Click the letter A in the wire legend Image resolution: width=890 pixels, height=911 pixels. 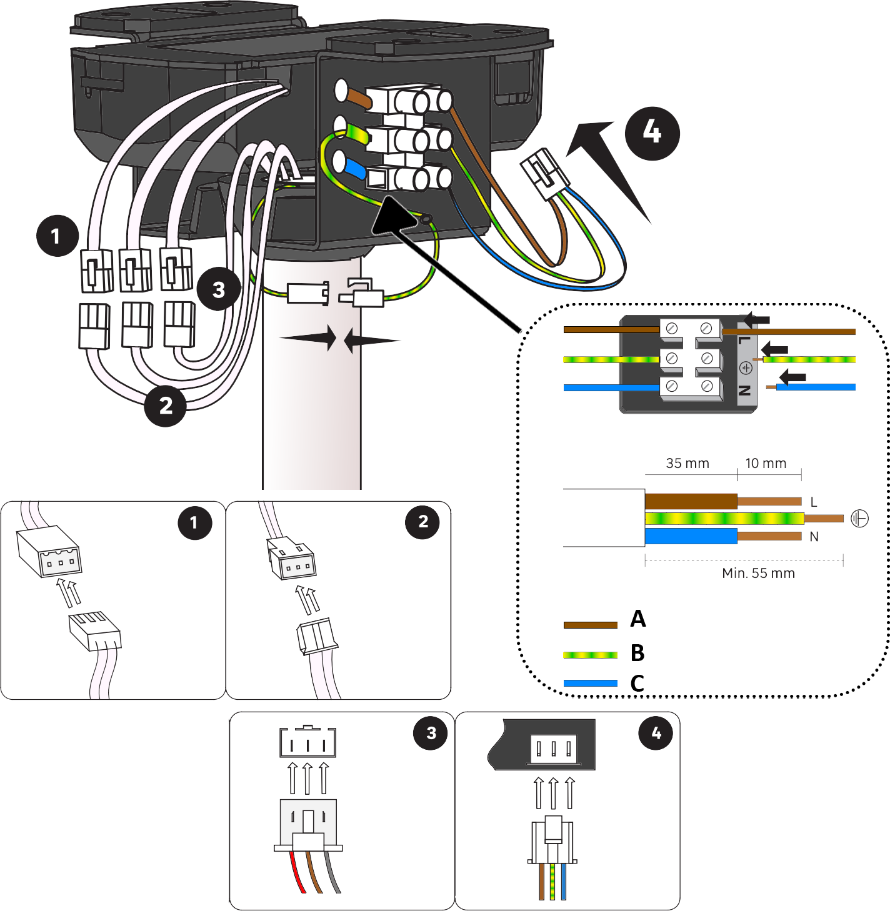coord(637,619)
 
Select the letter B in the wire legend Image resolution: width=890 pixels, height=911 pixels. coord(637,652)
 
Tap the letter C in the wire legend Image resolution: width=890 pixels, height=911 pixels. coord(637,684)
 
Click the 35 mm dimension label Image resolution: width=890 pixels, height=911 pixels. coord(687,464)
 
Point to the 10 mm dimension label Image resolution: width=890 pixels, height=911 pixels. coord(766,464)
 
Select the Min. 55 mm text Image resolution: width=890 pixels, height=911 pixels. coord(759,574)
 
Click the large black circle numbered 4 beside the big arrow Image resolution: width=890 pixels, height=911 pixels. coord(652,134)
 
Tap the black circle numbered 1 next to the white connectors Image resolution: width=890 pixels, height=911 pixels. coord(57,236)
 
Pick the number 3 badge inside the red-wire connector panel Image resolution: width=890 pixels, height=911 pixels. coord(430,733)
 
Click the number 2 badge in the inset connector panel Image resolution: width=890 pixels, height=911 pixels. coord(422,522)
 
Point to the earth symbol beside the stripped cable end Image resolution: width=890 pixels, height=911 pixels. coord(859,518)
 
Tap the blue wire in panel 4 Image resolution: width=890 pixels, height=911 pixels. coord(563,882)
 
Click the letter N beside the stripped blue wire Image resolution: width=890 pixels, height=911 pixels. coord(814,537)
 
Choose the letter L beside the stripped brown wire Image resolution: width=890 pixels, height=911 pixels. coord(814,502)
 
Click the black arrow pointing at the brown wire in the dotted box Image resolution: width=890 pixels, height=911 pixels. coord(757,320)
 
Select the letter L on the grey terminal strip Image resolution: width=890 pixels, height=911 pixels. coord(744,341)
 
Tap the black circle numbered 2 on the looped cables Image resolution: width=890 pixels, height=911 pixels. coord(165,406)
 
